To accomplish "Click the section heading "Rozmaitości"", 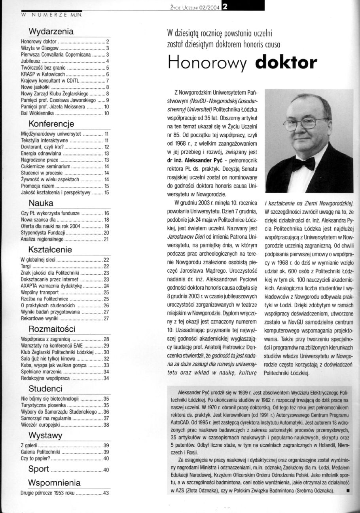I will (52, 329).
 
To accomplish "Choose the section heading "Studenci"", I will (45, 389).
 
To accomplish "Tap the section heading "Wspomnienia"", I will (54, 483).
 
